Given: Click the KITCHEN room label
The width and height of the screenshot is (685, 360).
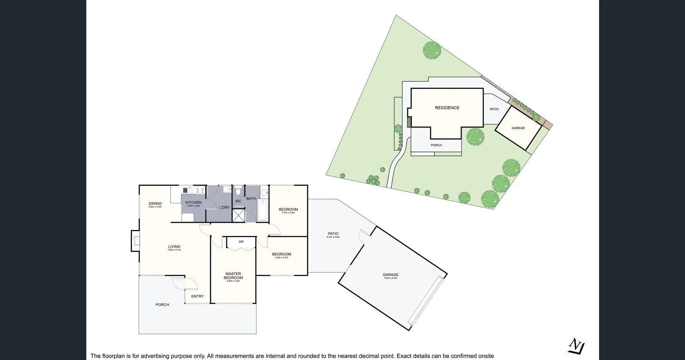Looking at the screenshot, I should click(193, 203).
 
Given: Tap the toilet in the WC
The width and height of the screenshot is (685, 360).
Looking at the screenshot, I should click(238, 191).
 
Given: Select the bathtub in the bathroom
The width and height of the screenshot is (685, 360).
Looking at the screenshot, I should click(263, 210).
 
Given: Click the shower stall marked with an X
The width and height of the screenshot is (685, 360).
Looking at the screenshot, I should click(239, 215).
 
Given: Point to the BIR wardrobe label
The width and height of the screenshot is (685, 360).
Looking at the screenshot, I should click(241, 242).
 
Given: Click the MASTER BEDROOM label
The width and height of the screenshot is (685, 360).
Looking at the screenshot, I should click(233, 276).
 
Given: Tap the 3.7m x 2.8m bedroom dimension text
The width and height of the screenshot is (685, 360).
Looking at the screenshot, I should click(288, 213).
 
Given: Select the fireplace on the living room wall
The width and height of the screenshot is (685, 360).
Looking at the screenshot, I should click(136, 241).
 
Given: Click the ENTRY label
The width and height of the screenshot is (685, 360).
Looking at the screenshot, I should click(197, 296).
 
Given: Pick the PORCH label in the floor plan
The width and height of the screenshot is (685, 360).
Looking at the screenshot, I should click(162, 305).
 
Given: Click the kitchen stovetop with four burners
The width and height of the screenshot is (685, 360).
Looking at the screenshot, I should click(200, 190).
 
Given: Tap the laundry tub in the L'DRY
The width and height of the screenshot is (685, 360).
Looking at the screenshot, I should click(227, 189).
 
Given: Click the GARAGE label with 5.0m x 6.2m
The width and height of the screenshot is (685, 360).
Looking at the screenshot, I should click(390, 275).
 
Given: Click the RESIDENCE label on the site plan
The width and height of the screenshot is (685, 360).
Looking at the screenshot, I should click(447, 108).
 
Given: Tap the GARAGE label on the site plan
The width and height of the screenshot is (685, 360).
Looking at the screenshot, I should click(518, 128).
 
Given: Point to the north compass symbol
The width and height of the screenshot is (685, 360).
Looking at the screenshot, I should click(577, 346).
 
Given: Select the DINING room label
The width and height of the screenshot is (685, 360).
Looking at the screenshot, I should click(155, 203).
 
